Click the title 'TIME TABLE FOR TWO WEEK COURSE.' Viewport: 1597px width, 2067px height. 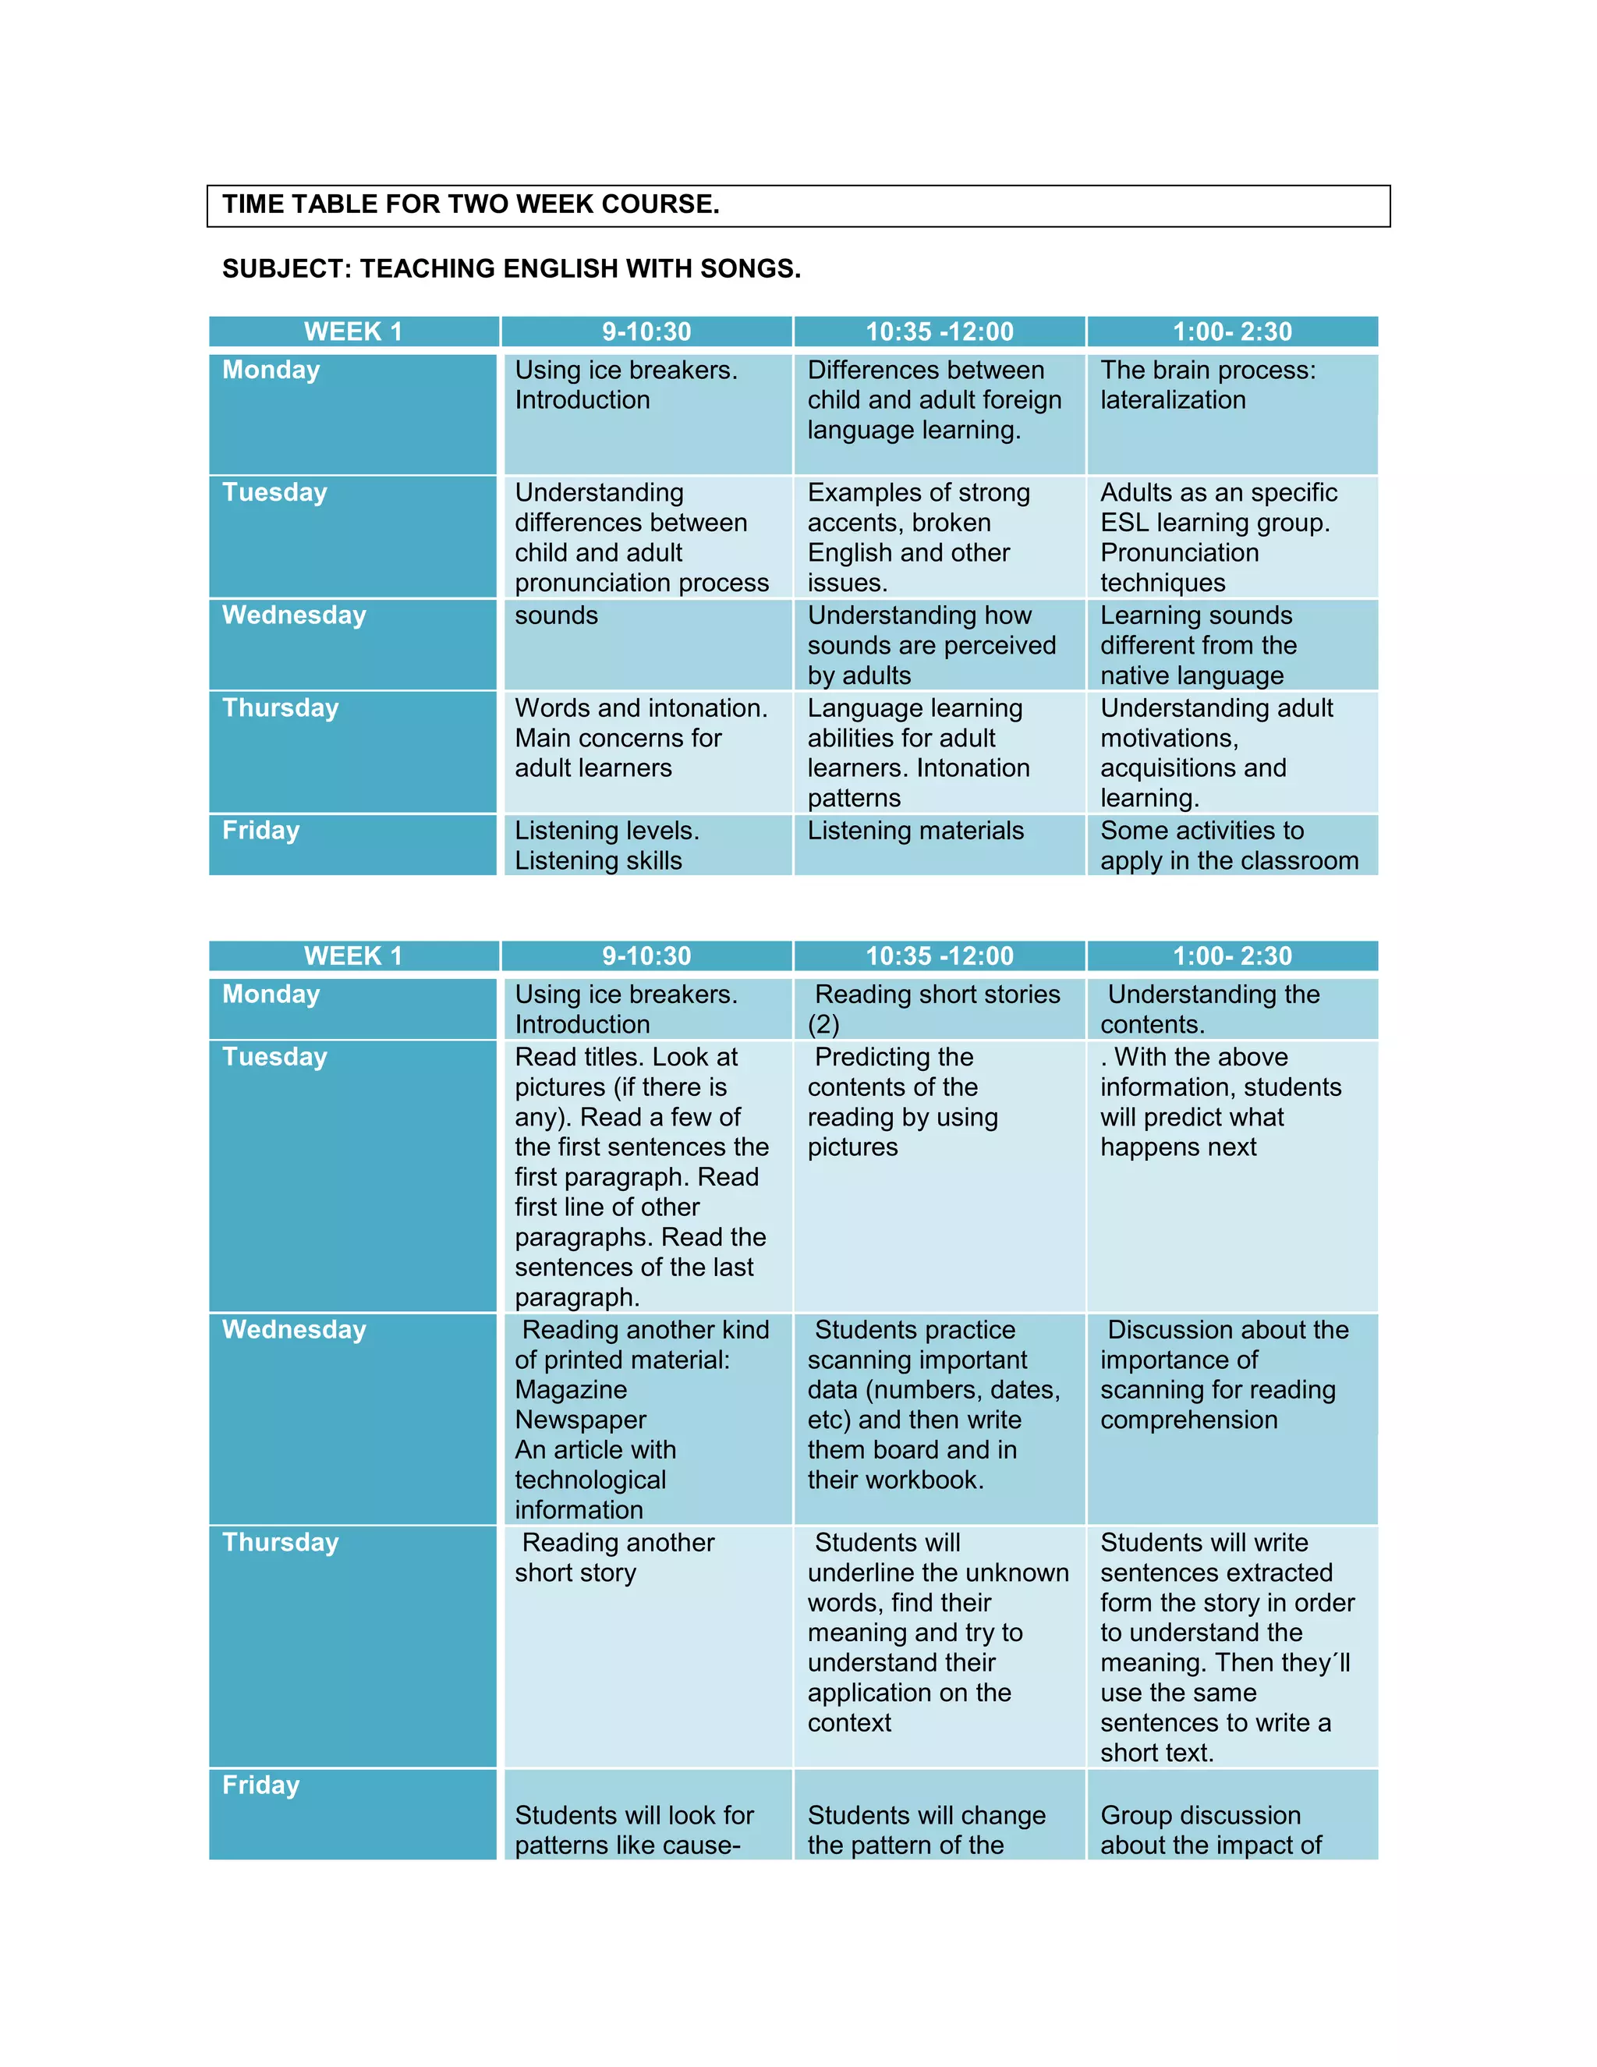click(x=470, y=204)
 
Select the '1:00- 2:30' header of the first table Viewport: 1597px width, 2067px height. click(x=1232, y=331)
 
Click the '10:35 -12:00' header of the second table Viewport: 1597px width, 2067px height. click(x=939, y=956)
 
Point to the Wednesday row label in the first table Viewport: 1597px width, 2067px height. click(x=293, y=615)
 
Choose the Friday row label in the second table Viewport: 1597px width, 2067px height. click(x=260, y=1785)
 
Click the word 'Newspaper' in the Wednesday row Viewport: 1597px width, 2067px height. click(x=580, y=1420)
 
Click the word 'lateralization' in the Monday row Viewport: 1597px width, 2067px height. click(x=1172, y=400)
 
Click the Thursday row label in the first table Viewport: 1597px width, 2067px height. click(x=280, y=708)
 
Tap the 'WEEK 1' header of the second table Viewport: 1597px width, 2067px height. click(x=353, y=956)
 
